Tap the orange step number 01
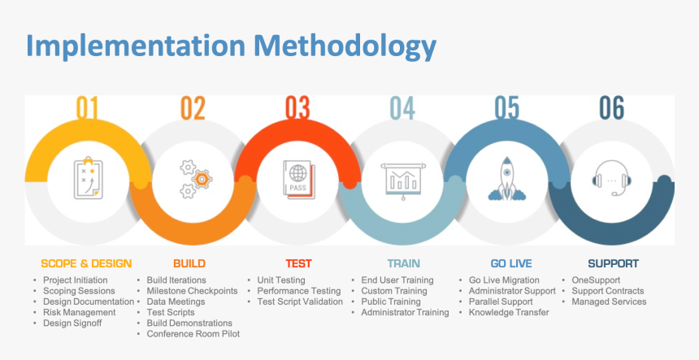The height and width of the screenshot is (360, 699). click(87, 108)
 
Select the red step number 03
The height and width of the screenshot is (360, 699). click(297, 108)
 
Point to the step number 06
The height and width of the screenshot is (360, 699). click(612, 108)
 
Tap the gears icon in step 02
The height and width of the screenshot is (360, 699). click(194, 180)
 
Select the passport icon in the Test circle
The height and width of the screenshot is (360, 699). click(297, 180)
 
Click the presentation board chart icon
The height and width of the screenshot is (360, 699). click(402, 180)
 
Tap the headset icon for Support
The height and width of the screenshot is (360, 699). click(612, 180)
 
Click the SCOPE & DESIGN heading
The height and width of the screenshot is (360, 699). click(86, 263)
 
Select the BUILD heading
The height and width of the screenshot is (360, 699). click(189, 263)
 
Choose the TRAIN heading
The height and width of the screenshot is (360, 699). click(404, 263)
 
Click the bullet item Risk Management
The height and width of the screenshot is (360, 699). click(80, 312)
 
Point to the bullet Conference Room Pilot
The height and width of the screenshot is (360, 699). click(193, 333)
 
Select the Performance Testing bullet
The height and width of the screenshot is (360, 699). click(299, 291)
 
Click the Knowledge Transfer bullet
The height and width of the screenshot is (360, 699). click(509, 312)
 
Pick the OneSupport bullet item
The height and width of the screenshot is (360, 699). click(596, 280)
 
